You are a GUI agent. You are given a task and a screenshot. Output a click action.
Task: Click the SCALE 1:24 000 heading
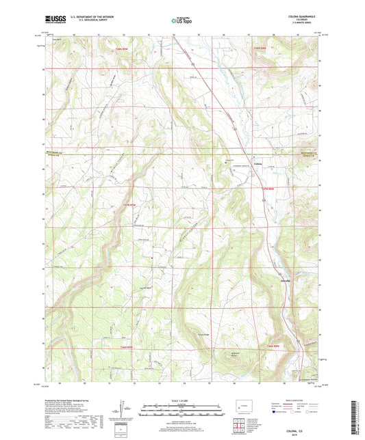pos(181,400)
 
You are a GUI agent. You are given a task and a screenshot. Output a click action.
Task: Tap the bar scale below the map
pos(181,411)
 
